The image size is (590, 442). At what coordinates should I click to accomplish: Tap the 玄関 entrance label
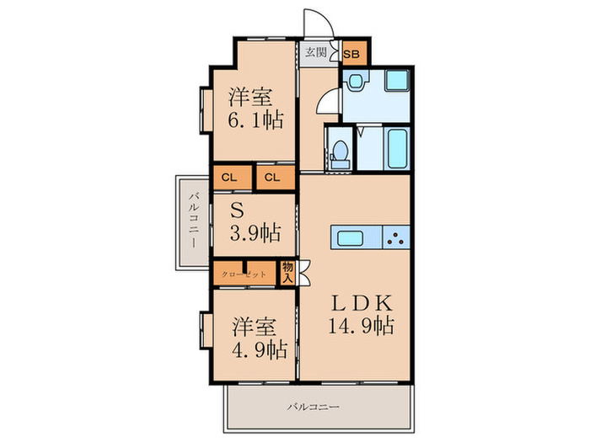[x=316, y=52]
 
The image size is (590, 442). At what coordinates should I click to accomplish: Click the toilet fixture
[x=340, y=152]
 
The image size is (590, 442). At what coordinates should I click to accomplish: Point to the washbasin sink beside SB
[x=354, y=82]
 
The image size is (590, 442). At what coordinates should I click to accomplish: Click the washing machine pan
[x=396, y=82]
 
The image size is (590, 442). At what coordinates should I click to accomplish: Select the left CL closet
[x=231, y=178]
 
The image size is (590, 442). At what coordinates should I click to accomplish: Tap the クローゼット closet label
[x=244, y=274]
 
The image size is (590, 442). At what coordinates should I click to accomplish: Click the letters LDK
[x=363, y=301]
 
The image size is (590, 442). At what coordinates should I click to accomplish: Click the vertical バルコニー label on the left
[x=193, y=221]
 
